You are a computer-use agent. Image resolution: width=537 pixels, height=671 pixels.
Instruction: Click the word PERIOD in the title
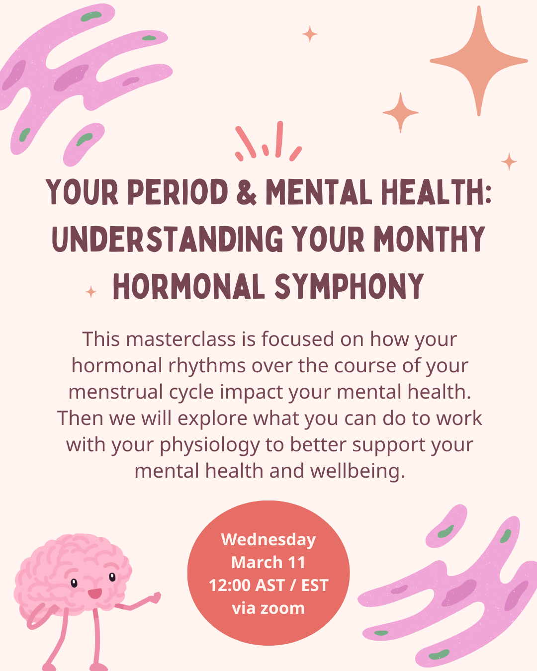[178, 192]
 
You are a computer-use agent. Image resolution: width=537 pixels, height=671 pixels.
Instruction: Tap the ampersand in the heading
[247, 193]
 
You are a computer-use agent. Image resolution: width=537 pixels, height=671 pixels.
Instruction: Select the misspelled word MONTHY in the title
[429, 240]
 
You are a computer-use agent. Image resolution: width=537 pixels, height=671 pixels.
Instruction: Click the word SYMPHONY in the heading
[349, 287]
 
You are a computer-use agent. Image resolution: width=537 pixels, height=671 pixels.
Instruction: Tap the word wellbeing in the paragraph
[358, 471]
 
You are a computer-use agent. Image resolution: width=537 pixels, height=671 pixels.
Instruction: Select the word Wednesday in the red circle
[268, 539]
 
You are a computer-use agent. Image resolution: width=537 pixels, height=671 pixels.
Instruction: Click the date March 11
[268, 562]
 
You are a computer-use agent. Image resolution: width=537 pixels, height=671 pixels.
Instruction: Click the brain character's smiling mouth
[94, 593]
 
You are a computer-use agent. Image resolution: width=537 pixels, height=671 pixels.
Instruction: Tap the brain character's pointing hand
[155, 597]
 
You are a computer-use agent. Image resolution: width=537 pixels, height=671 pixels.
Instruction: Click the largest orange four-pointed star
[478, 62]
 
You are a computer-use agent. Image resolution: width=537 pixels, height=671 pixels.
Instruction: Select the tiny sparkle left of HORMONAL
[91, 292]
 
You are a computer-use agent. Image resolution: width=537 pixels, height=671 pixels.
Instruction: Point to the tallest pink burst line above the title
[279, 139]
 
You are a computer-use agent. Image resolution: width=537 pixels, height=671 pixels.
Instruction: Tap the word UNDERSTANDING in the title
[168, 240]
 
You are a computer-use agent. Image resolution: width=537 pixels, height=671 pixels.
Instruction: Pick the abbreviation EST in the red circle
[315, 586]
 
